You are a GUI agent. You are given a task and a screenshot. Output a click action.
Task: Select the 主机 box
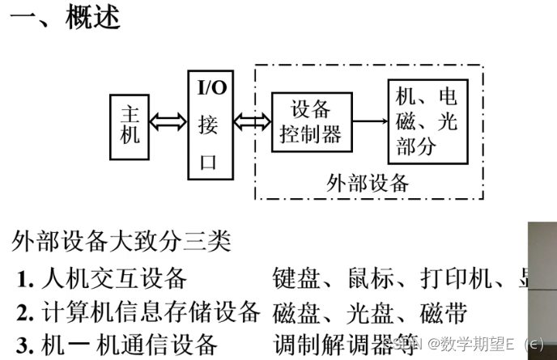click(x=130, y=124)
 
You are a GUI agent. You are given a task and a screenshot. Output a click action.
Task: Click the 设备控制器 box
click(x=311, y=122)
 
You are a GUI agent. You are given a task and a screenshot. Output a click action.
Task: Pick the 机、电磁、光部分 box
click(x=427, y=121)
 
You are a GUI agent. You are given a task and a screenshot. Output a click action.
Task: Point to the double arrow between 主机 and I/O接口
click(x=169, y=123)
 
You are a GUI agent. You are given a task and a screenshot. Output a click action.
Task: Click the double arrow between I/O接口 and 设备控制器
click(x=252, y=122)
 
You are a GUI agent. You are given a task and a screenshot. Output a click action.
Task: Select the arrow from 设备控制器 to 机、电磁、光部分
click(x=370, y=122)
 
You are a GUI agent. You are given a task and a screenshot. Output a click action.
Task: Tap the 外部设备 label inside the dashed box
click(x=368, y=182)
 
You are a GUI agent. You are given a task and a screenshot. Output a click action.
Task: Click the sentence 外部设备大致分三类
click(x=122, y=241)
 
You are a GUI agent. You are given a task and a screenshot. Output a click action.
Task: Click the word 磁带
click(x=444, y=311)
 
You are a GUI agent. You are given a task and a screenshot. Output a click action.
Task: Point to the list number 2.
click(x=25, y=312)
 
